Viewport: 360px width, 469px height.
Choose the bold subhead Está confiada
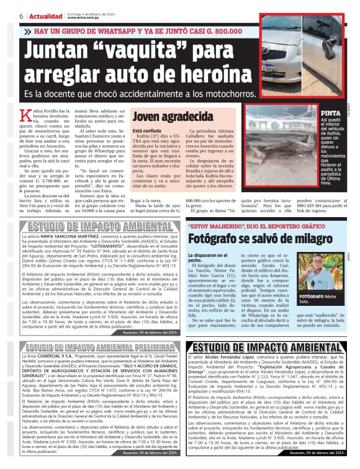[148, 131]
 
